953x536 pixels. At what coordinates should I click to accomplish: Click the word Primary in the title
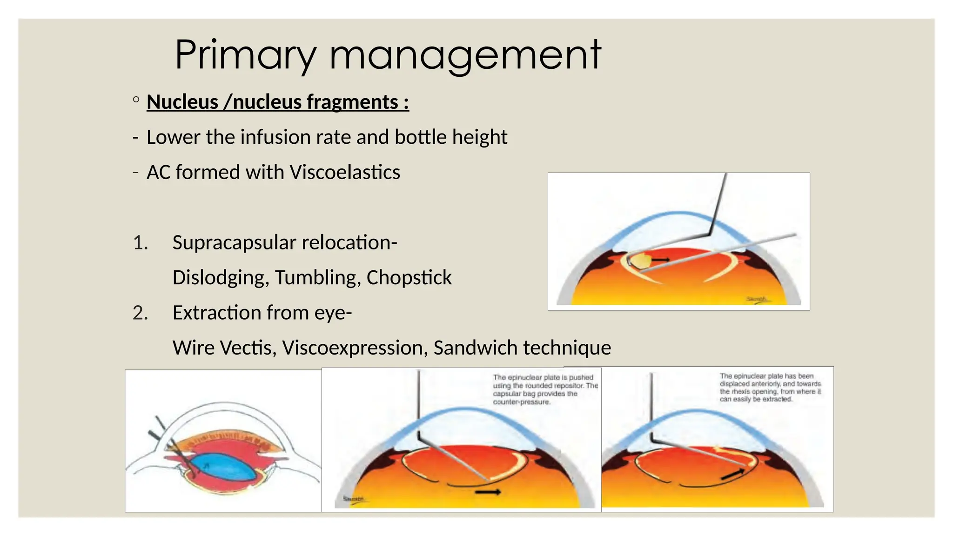tap(246, 56)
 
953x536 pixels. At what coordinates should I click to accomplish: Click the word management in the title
tap(465, 56)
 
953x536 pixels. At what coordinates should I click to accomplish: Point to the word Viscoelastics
tap(344, 172)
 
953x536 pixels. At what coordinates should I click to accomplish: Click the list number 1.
tap(140, 243)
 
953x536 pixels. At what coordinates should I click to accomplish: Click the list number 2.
tap(140, 313)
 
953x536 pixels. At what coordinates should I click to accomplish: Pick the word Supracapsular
tap(234, 243)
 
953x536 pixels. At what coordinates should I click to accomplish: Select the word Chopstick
tap(409, 278)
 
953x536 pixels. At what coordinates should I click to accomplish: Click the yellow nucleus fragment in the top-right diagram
tap(638, 261)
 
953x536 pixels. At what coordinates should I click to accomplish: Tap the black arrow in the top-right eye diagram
tap(660, 260)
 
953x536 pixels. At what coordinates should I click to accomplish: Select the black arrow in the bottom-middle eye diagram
tap(488, 492)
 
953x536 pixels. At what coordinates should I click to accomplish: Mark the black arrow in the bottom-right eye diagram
tap(732, 474)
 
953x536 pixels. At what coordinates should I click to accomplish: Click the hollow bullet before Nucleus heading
tap(136, 100)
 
